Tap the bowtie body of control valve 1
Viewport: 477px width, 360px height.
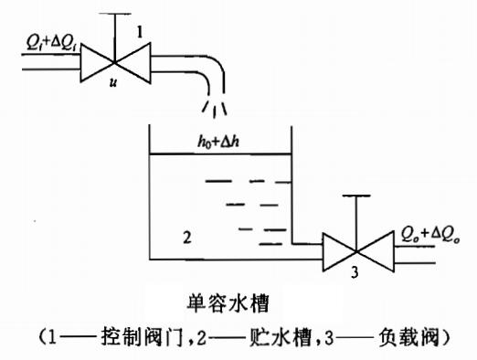coord(114,62)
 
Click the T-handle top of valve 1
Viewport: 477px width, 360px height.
coord(115,14)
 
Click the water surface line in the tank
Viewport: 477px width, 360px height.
coord(219,154)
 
